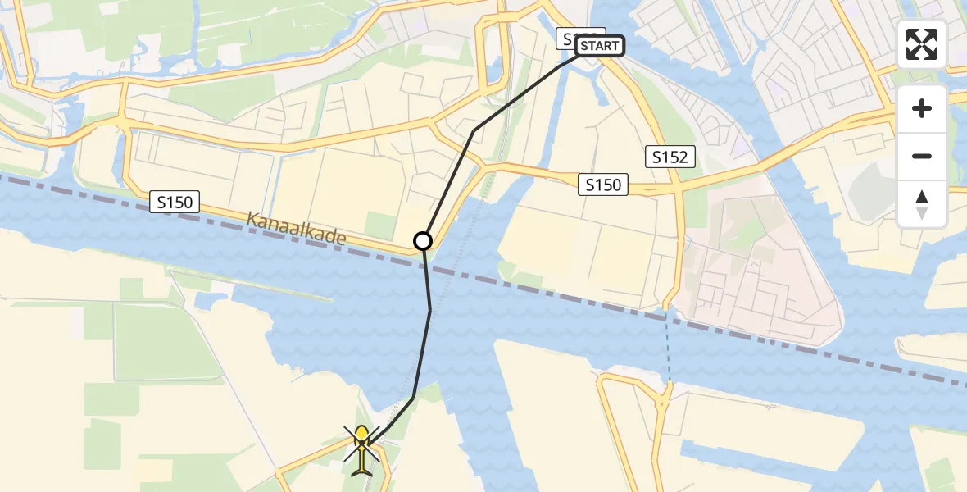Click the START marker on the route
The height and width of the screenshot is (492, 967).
click(x=600, y=46)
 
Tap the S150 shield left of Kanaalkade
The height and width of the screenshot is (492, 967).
click(x=176, y=201)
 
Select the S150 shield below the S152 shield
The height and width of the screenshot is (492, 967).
click(x=603, y=184)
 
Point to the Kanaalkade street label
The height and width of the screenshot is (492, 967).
click(x=297, y=229)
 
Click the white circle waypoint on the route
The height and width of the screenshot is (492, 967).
click(x=423, y=241)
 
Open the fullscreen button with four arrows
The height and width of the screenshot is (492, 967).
click(x=922, y=44)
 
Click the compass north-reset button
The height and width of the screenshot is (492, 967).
click(x=922, y=203)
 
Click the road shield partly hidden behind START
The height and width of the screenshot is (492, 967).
click(x=570, y=38)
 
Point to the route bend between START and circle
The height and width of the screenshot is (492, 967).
click(x=474, y=130)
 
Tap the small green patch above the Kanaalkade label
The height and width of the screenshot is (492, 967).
click(x=379, y=225)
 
